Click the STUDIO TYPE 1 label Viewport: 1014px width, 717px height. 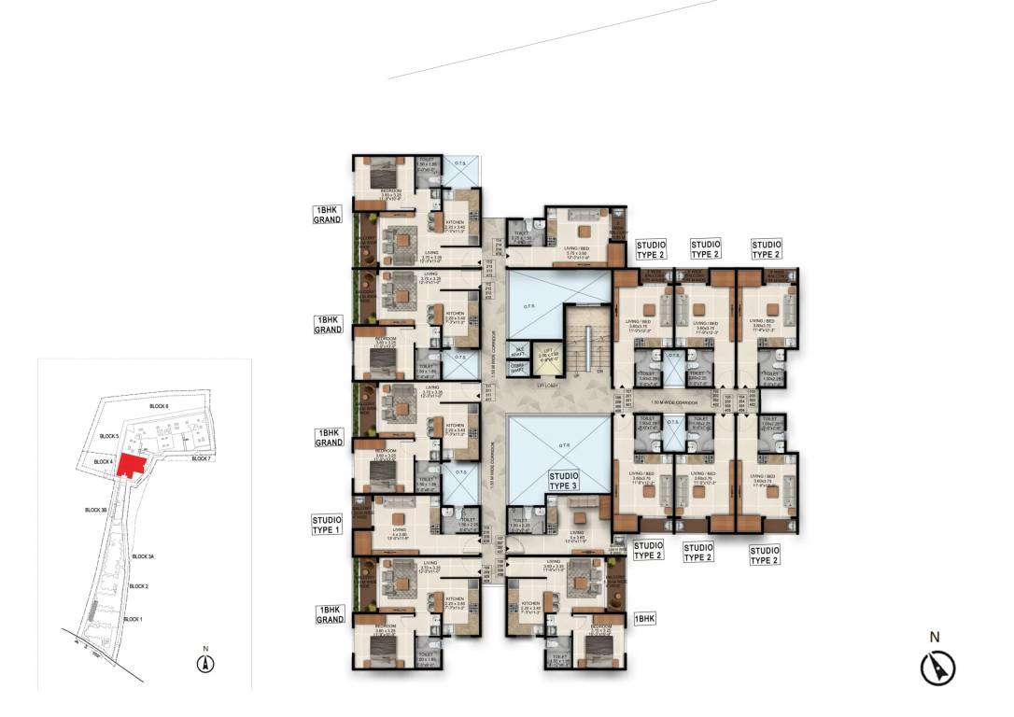coord(328,524)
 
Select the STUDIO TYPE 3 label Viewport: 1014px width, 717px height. coord(564,481)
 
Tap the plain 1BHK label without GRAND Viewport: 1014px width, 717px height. coord(645,618)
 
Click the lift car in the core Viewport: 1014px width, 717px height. coord(548,356)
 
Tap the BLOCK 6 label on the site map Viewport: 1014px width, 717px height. coord(158,407)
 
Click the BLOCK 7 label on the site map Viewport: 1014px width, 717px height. coord(202,458)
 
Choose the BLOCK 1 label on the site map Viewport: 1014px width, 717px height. coord(134,619)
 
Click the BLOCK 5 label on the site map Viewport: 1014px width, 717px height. coord(110,436)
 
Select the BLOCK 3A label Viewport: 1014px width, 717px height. coord(143,556)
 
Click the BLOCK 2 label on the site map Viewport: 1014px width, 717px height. coord(139,586)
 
